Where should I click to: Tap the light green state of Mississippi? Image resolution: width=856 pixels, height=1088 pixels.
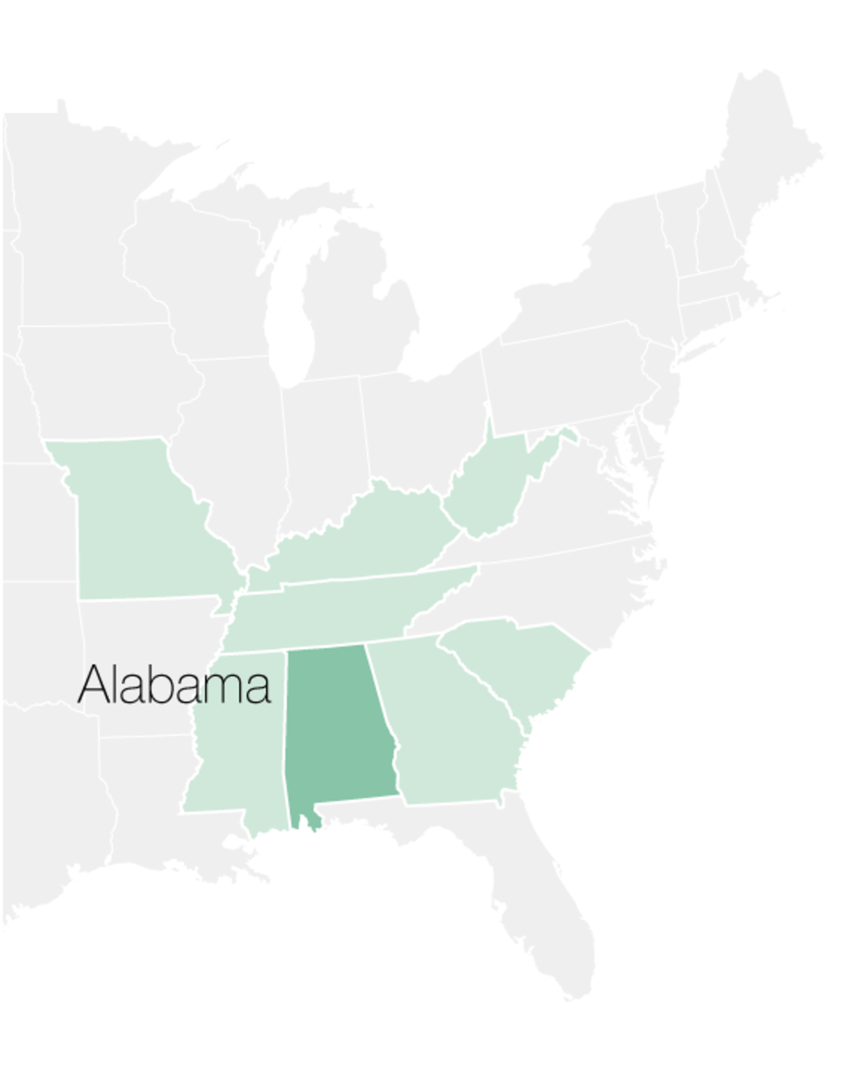(x=240, y=752)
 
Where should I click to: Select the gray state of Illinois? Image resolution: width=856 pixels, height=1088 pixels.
(x=236, y=451)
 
